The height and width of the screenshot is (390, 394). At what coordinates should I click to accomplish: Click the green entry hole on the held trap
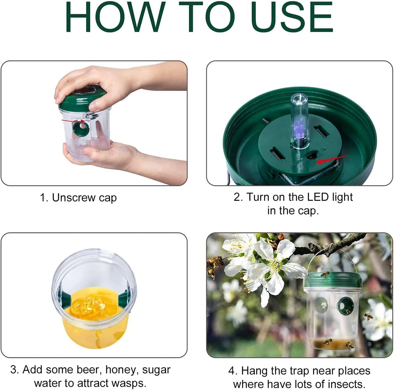[81, 128]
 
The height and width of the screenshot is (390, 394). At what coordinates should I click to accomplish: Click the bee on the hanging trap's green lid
[325, 274]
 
